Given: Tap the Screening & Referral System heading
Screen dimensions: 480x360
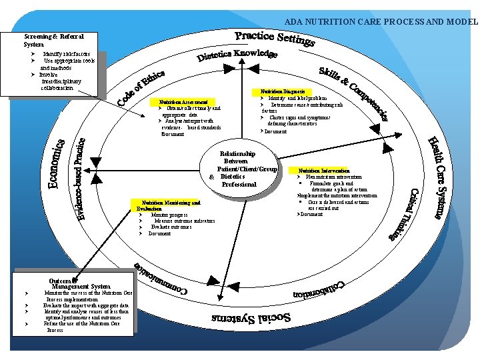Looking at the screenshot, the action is (54, 40).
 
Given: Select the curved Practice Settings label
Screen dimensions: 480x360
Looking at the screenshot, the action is (274, 38).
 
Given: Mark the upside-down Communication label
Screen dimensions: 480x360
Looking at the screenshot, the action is (161, 279).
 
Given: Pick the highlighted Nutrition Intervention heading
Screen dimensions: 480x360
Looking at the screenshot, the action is (324, 171).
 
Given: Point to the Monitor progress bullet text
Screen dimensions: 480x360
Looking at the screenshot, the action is (169, 215).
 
